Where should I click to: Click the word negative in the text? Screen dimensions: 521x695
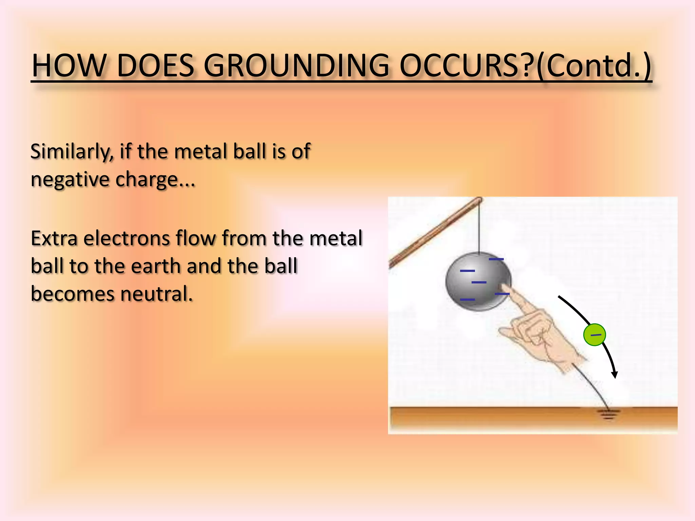70,180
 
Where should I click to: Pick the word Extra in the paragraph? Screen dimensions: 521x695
54,238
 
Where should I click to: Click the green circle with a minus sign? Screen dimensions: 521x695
595,335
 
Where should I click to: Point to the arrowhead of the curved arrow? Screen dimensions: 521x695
615,374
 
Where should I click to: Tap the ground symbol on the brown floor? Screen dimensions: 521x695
608,414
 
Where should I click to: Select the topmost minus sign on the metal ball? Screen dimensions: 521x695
496,259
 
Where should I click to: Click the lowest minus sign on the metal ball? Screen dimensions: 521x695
467,300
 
